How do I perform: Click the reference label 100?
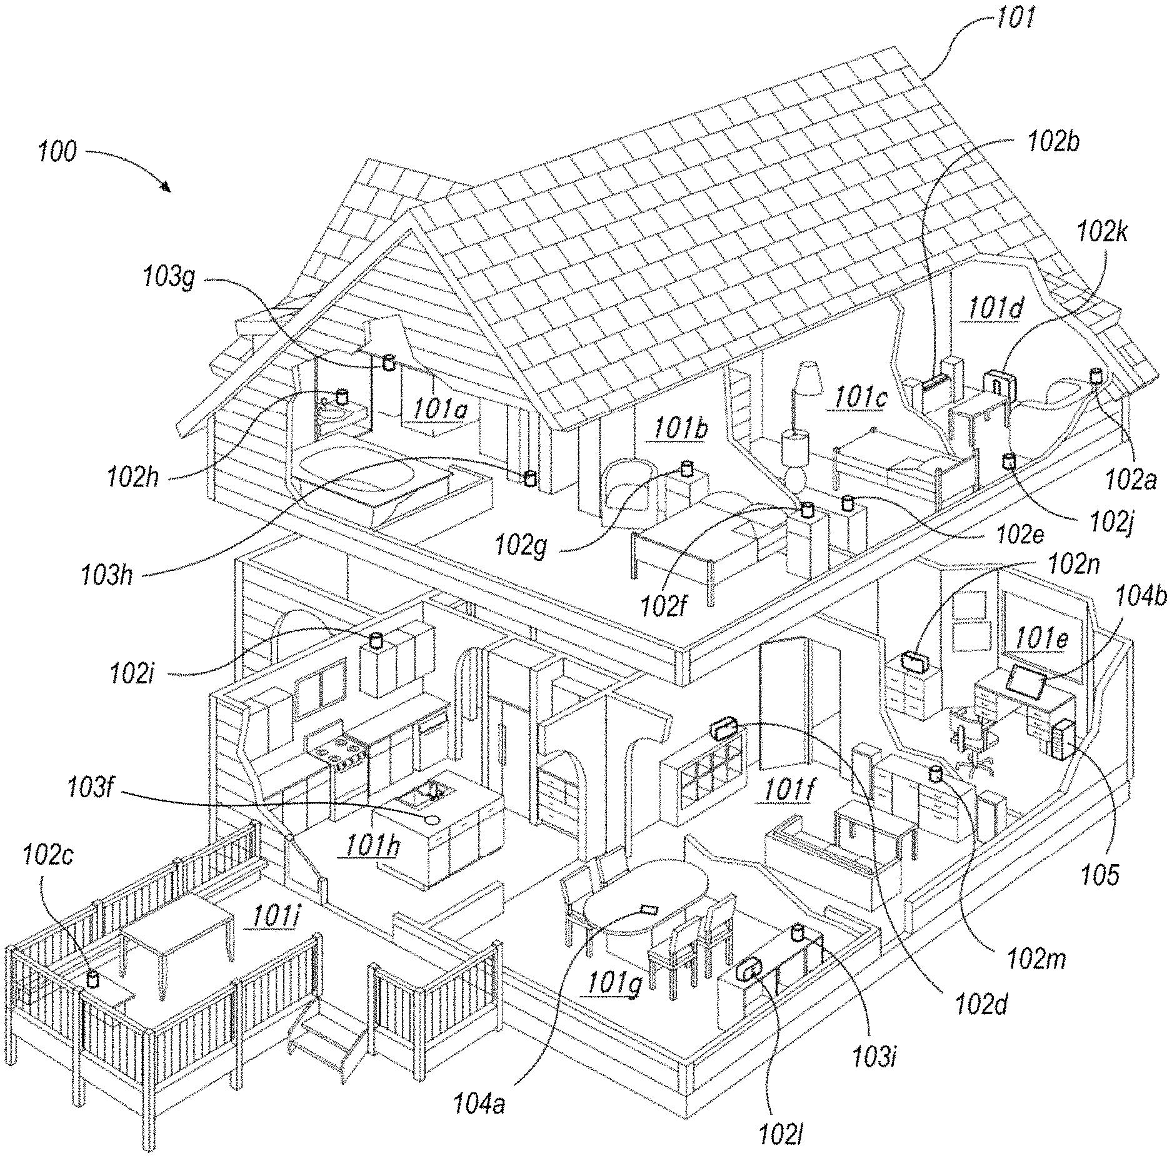pos(58,152)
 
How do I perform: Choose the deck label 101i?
pos(275,918)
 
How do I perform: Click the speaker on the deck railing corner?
pos(93,978)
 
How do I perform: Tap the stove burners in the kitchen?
pos(338,747)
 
